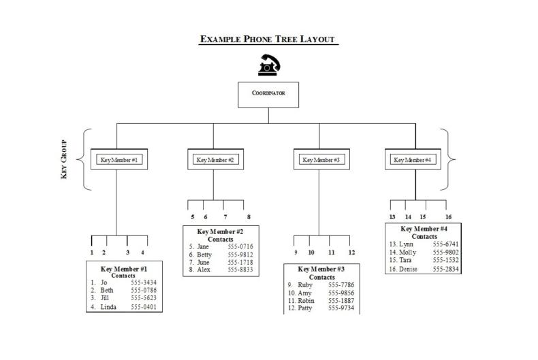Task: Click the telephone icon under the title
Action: click(x=268, y=65)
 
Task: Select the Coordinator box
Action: click(x=268, y=94)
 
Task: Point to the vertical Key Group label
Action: click(x=64, y=160)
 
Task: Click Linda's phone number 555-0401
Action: click(x=144, y=307)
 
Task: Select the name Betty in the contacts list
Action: click(x=204, y=255)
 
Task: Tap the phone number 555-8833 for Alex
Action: click(x=240, y=269)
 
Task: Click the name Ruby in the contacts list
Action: click(x=305, y=285)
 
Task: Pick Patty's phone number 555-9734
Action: click(x=341, y=308)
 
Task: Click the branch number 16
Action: click(x=448, y=217)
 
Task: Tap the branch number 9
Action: click(x=296, y=252)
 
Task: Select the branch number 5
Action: click(x=192, y=217)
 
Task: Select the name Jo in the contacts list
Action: click(x=104, y=282)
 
